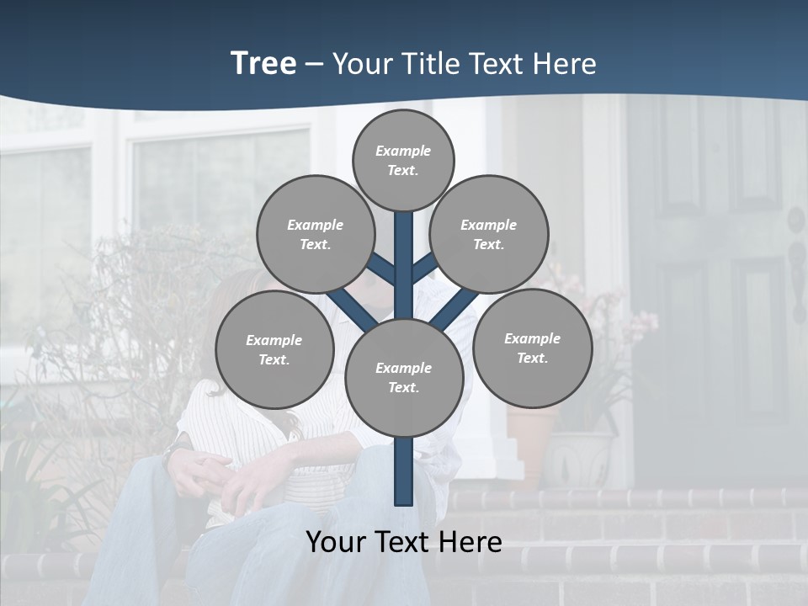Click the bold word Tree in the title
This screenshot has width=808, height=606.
click(x=263, y=63)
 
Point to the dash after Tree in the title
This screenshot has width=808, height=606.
click(x=315, y=65)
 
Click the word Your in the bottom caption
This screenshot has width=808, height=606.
click(x=336, y=542)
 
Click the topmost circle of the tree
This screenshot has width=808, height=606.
click(x=403, y=160)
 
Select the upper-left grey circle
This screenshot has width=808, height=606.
click(x=316, y=234)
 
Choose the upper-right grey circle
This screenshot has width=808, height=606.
click(x=489, y=234)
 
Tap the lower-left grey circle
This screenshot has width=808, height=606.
click(x=274, y=349)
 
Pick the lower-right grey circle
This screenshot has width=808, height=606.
click(x=532, y=348)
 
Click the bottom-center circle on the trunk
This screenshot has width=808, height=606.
click(x=404, y=377)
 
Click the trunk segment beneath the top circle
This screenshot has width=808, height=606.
click(x=404, y=252)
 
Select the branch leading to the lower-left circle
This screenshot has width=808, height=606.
click(x=351, y=308)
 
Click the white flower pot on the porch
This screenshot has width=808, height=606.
click(x=578, y=459)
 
